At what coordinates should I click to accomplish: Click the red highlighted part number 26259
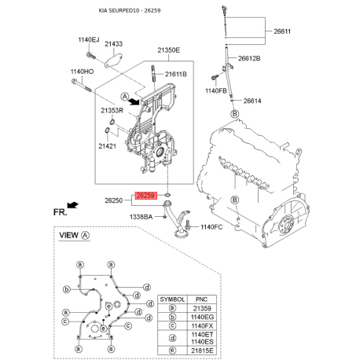click(x=146, y=196)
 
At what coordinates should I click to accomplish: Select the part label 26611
click(x=282, y=31)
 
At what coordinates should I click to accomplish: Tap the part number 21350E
click(x=169, y=50)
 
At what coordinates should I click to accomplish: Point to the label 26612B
click(x=249, y=58)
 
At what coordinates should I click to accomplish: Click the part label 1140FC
click(x=211, y=227)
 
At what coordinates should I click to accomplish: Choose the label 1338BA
click(x=141, y=217)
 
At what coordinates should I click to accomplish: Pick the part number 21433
click(x=114, y=44)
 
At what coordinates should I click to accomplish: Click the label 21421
click(x=107, y=146)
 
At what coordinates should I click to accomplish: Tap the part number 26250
click(x=114, y=200)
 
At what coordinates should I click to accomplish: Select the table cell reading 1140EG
click(x=202, y=317)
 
